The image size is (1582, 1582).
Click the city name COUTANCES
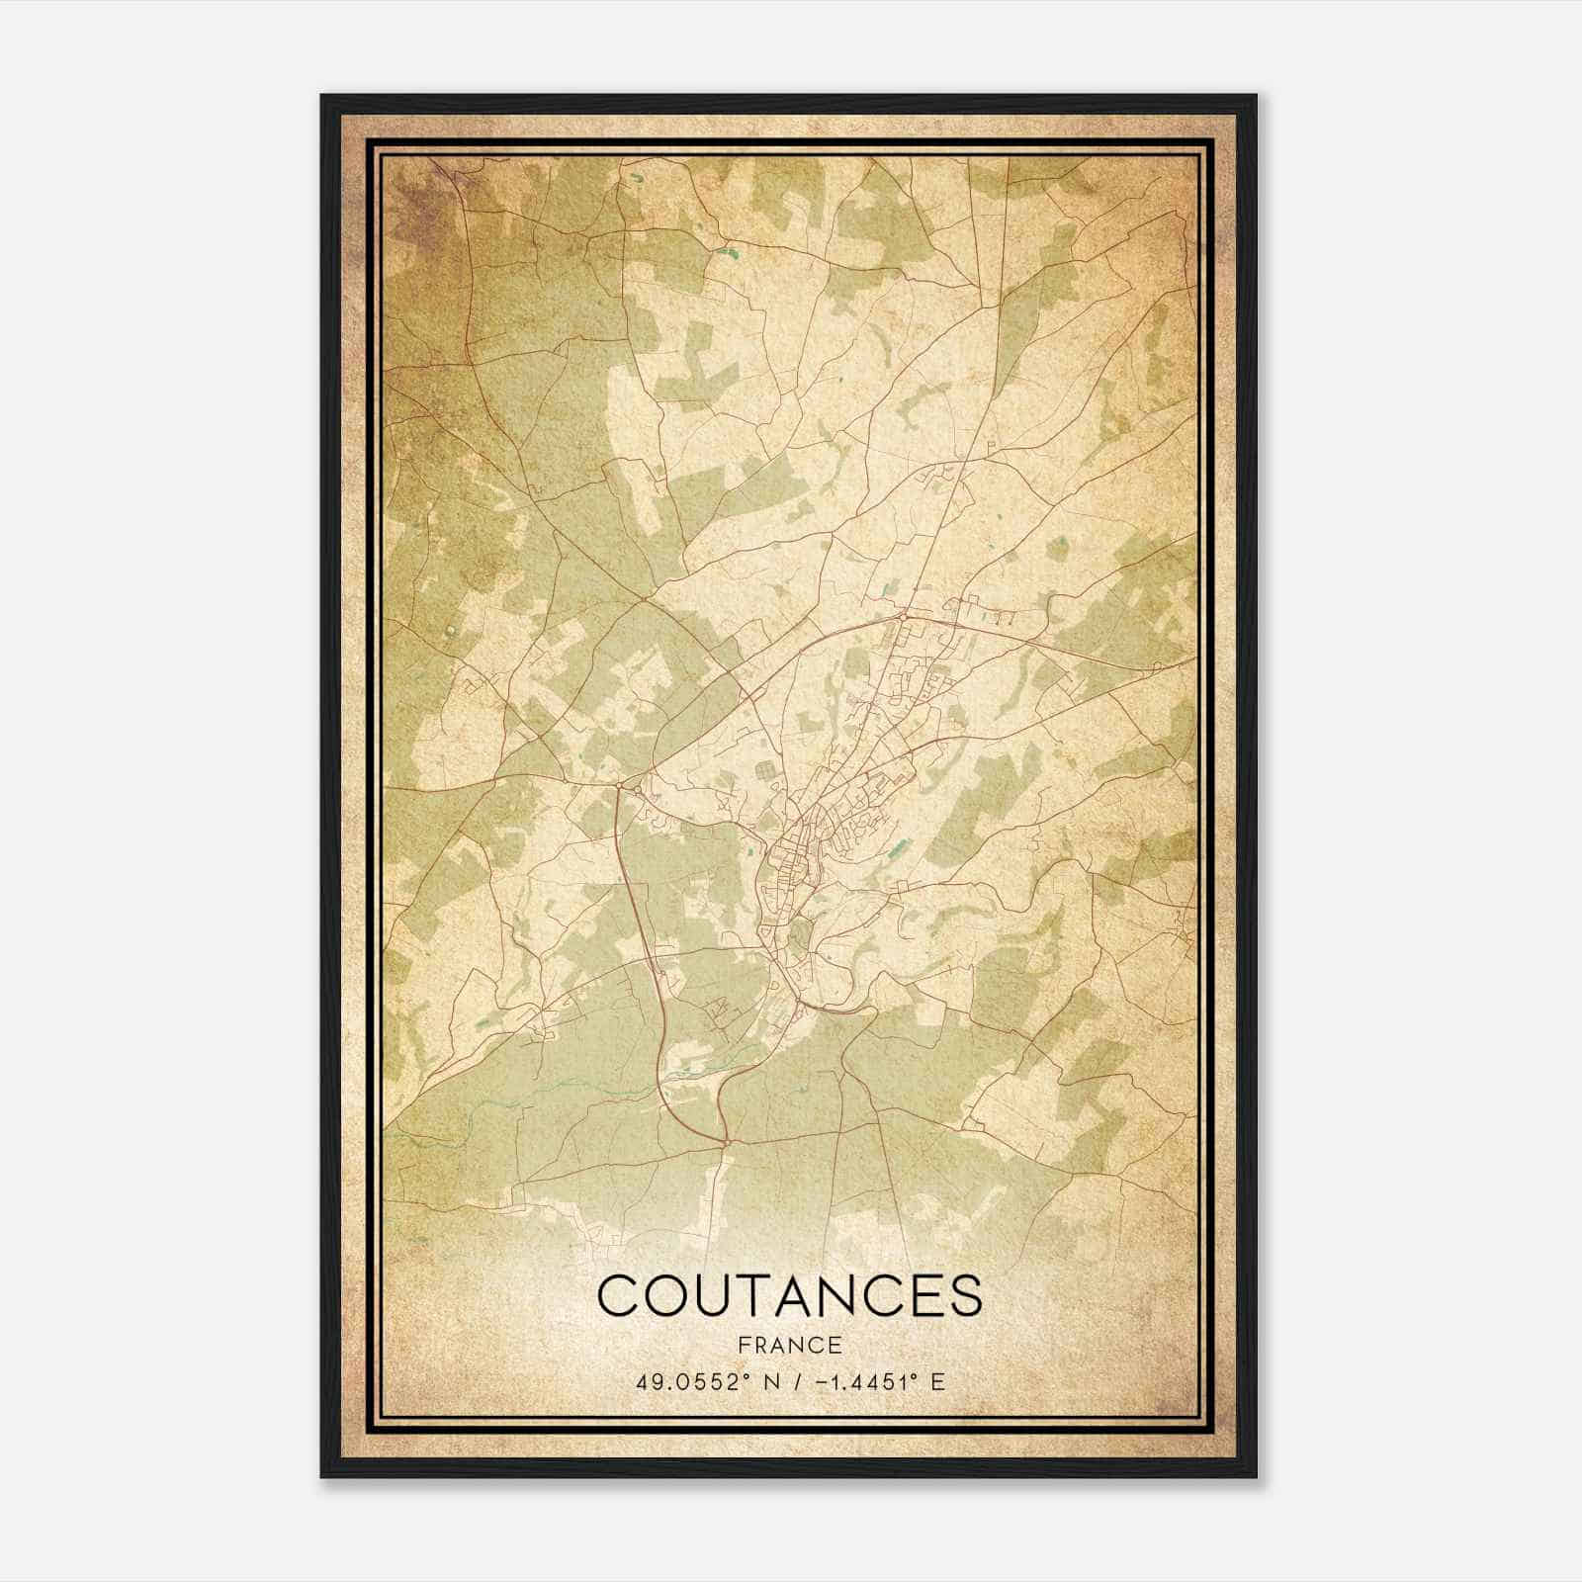790,1295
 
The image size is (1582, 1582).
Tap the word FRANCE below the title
790,1346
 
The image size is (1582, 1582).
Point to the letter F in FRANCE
746,1346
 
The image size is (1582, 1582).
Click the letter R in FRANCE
761,1346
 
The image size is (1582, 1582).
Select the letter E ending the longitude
938,1381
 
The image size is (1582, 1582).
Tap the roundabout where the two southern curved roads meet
728,1142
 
